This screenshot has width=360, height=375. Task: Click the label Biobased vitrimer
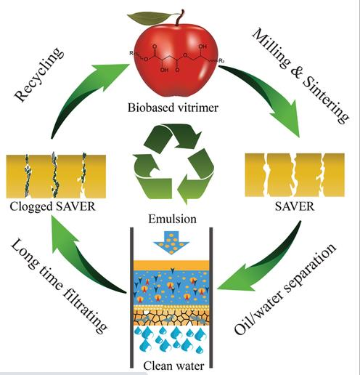pyautogui.click(x=173, y=108)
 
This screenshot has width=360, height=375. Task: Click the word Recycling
pyautogui.click(x=38, y=74)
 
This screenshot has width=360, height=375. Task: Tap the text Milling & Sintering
pyautogui.click(x=300, y=76)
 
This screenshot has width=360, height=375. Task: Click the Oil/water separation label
pyautogui.click(x=285, y=289)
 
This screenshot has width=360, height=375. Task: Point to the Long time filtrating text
pyautogui.click(x=59, y=286)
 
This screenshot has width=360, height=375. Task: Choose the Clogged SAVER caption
pyautogui.click(x=52, y=207)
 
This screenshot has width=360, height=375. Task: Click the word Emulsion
pyautogui.click(x=172, y=219)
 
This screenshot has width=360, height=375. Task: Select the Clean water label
pyautogui.click(x=173, y=366)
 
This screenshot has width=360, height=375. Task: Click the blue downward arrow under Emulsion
pyautogui.click(x=171, y=242)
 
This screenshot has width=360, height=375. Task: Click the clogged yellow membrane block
pyautogui.click(x=56, y=177)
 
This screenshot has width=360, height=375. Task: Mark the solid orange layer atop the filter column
pyautogui.click(x=171, y=265)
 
